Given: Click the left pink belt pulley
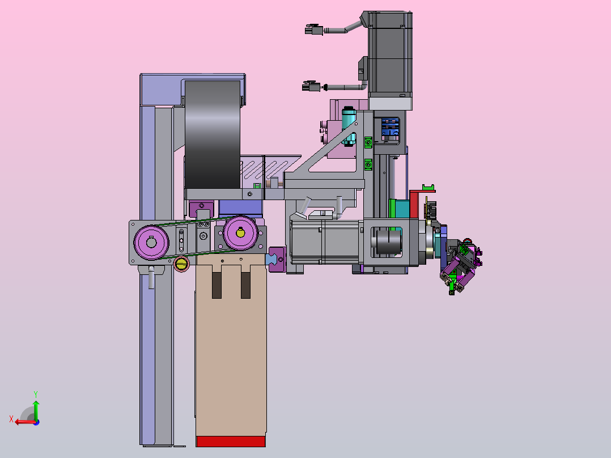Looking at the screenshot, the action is coord(151,242).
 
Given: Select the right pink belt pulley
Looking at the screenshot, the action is coord(240,233).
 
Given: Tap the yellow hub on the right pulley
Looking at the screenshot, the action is coord(240,233).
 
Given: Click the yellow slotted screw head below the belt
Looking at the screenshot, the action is coord(181,264).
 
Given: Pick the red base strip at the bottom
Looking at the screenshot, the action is coord(231,441).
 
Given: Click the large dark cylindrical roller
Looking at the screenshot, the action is coord(213,135).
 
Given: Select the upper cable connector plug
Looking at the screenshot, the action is coord(314,29).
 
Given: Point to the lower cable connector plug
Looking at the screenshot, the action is coord(311,86).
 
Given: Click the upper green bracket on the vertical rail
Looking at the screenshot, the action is coord(368,143).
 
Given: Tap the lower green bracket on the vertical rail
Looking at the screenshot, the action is coord(368,165).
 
